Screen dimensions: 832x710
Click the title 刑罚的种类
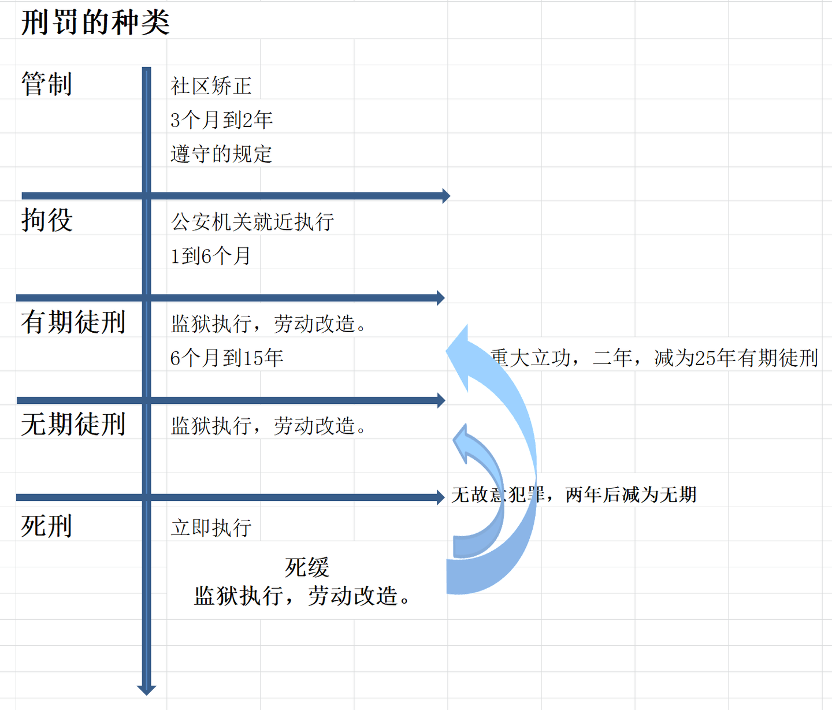[95, 23]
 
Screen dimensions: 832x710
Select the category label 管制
[47, 84]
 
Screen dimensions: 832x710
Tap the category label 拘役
[47, 220]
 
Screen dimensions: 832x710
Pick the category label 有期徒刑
[73, 322]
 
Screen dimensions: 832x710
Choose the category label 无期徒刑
[73, 424]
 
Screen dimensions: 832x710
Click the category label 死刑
[47, 526]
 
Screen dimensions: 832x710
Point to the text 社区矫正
[211, 86]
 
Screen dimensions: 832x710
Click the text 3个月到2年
[221, 120]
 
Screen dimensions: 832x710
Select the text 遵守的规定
[221, 154]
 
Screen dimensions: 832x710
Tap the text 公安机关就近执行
[252, 222]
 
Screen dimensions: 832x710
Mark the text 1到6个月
[210, 256]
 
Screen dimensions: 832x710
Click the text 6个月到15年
[226, 358]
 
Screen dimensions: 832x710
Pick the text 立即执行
[211, 527]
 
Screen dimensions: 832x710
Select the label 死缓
[307, 567]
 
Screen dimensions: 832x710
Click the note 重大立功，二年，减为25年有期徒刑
[654, 358]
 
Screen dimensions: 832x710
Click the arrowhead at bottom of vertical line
[147, 689]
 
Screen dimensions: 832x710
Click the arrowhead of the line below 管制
[446, 196]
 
